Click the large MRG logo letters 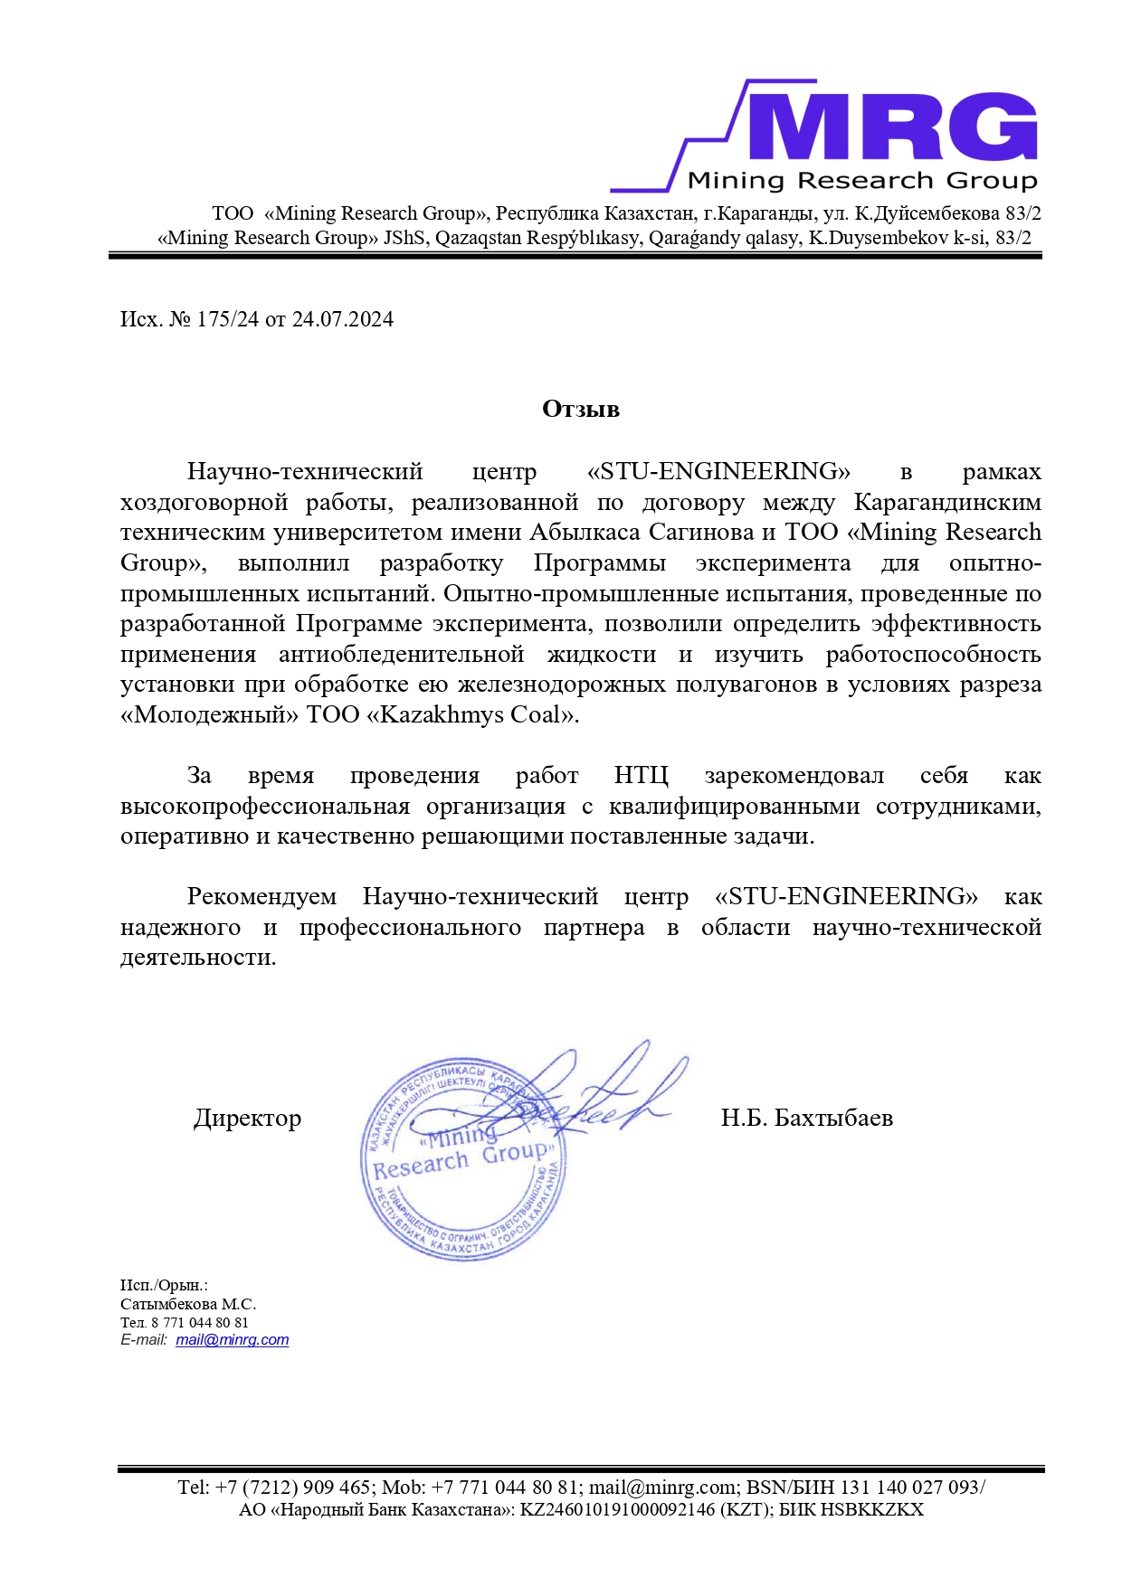pos(891,128)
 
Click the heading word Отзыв pos(580,410)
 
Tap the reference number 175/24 pos(227,319)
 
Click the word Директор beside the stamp pos(247,1119)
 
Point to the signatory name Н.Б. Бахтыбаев pos(806,1119)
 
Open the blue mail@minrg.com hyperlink pos(233,1340)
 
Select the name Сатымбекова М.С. pos(188,1304)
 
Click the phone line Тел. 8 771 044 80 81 pos(185,1322)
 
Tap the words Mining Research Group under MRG pos(861,180)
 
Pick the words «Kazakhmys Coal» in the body pos(471,715)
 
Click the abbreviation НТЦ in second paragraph pos(641,776)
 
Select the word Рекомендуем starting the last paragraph pos(261,897)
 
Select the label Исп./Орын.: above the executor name pos(164,1285)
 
